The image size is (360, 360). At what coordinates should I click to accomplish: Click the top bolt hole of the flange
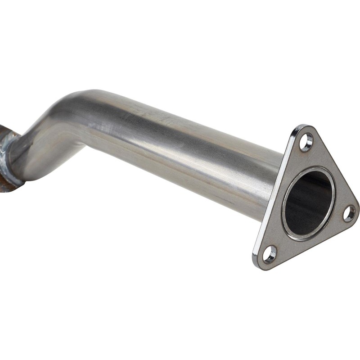306,141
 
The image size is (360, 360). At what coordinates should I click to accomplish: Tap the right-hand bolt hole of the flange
349,213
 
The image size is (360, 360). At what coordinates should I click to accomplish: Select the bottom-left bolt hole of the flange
270,254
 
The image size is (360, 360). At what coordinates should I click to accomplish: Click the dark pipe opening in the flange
309,202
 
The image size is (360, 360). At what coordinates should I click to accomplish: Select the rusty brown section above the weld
4,128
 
